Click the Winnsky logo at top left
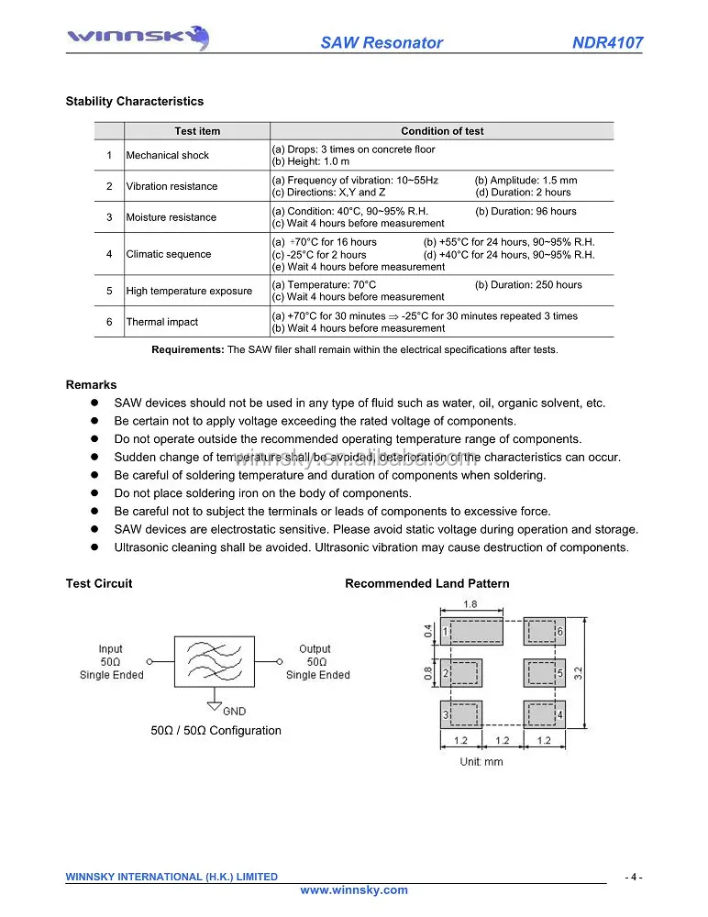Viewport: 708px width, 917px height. click(x=138, y=39)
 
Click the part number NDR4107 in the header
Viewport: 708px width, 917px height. click(x=607, y=43)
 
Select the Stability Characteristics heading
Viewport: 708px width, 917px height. click(x=135, y=102)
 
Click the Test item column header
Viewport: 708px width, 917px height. click(x=197, y=131)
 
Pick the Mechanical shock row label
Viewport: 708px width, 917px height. click(x=168, y=156)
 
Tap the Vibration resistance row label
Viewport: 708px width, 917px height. click(x=171, y=187)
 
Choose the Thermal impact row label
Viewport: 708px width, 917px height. click(x=161, y=323)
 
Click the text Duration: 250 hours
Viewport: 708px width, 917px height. click(x=528, y=285)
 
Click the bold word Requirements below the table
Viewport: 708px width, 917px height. click(x=187, y=349)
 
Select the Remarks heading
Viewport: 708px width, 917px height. click(x=91, y=385)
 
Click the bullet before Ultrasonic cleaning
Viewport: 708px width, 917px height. click(x=94, y=547)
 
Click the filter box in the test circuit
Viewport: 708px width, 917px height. click(x=214, y=659)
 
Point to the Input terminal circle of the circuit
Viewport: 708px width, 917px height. click(x=149, y=660)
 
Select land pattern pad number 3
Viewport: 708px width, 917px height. click(x=460, y=714)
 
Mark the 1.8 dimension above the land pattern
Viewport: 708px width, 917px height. click(x=470, y=604)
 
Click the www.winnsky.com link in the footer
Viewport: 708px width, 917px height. click(x=354, y=890)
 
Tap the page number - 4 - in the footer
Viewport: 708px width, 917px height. click(x=634, y=878)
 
